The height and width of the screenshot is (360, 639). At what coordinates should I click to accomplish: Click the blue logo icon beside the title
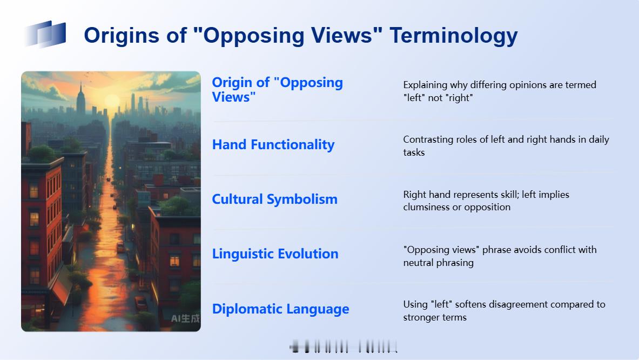coord(45,34)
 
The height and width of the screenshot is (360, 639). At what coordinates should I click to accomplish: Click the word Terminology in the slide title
coord(454,36)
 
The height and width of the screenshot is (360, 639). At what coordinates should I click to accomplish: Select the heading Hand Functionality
coord(273,145)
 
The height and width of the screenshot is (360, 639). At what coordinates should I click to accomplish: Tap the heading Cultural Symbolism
coord(275,199)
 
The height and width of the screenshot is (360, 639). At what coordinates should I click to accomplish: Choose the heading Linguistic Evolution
coord(275,254)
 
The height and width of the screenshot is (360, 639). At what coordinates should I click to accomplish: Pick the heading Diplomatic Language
coord(280,309)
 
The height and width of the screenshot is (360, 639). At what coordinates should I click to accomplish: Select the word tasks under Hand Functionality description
coord(414,152)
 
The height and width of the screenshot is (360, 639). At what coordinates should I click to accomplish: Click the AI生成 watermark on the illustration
coord(185,318)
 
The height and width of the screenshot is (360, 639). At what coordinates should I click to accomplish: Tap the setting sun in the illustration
coord(112,101)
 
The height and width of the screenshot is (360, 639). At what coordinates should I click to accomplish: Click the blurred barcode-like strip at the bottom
coord(343,347)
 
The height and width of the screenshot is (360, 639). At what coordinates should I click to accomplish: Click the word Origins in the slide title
coord(122,36)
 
